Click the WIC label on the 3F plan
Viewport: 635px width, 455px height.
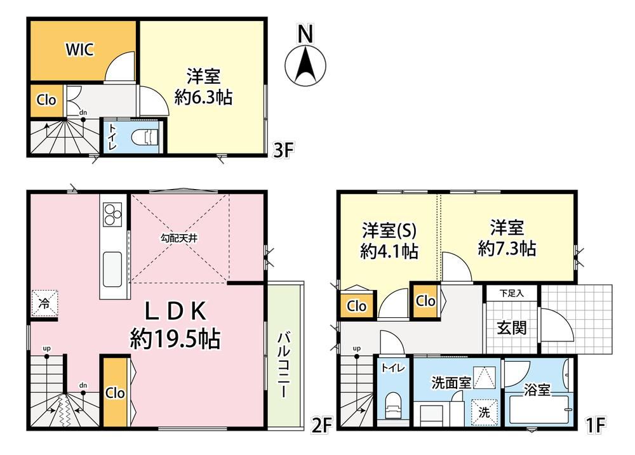pos(80,49)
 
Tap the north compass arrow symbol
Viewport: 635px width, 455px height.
pos(306,65)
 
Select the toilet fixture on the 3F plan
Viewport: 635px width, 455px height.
pos(144,138)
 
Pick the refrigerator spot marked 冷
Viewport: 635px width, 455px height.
pos(44,303)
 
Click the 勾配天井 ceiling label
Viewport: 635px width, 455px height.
pos(179,238)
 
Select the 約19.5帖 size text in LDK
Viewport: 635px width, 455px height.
pos(175,339)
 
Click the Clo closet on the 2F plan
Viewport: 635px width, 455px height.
pos(115,392)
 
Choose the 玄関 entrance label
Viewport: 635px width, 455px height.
pos(512,327)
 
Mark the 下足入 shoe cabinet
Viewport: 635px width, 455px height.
pos(512,293)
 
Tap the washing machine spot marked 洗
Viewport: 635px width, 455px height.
pos(485,412)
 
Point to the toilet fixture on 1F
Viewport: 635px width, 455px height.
pos(392,406)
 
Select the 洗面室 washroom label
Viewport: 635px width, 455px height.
pos(451,383)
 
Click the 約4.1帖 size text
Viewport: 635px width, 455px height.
pos(389,251)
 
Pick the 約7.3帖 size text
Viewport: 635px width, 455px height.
pos(507,248)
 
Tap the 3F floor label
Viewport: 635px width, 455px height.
pos(283,150)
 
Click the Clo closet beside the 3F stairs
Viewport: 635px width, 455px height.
pos(46,100)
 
